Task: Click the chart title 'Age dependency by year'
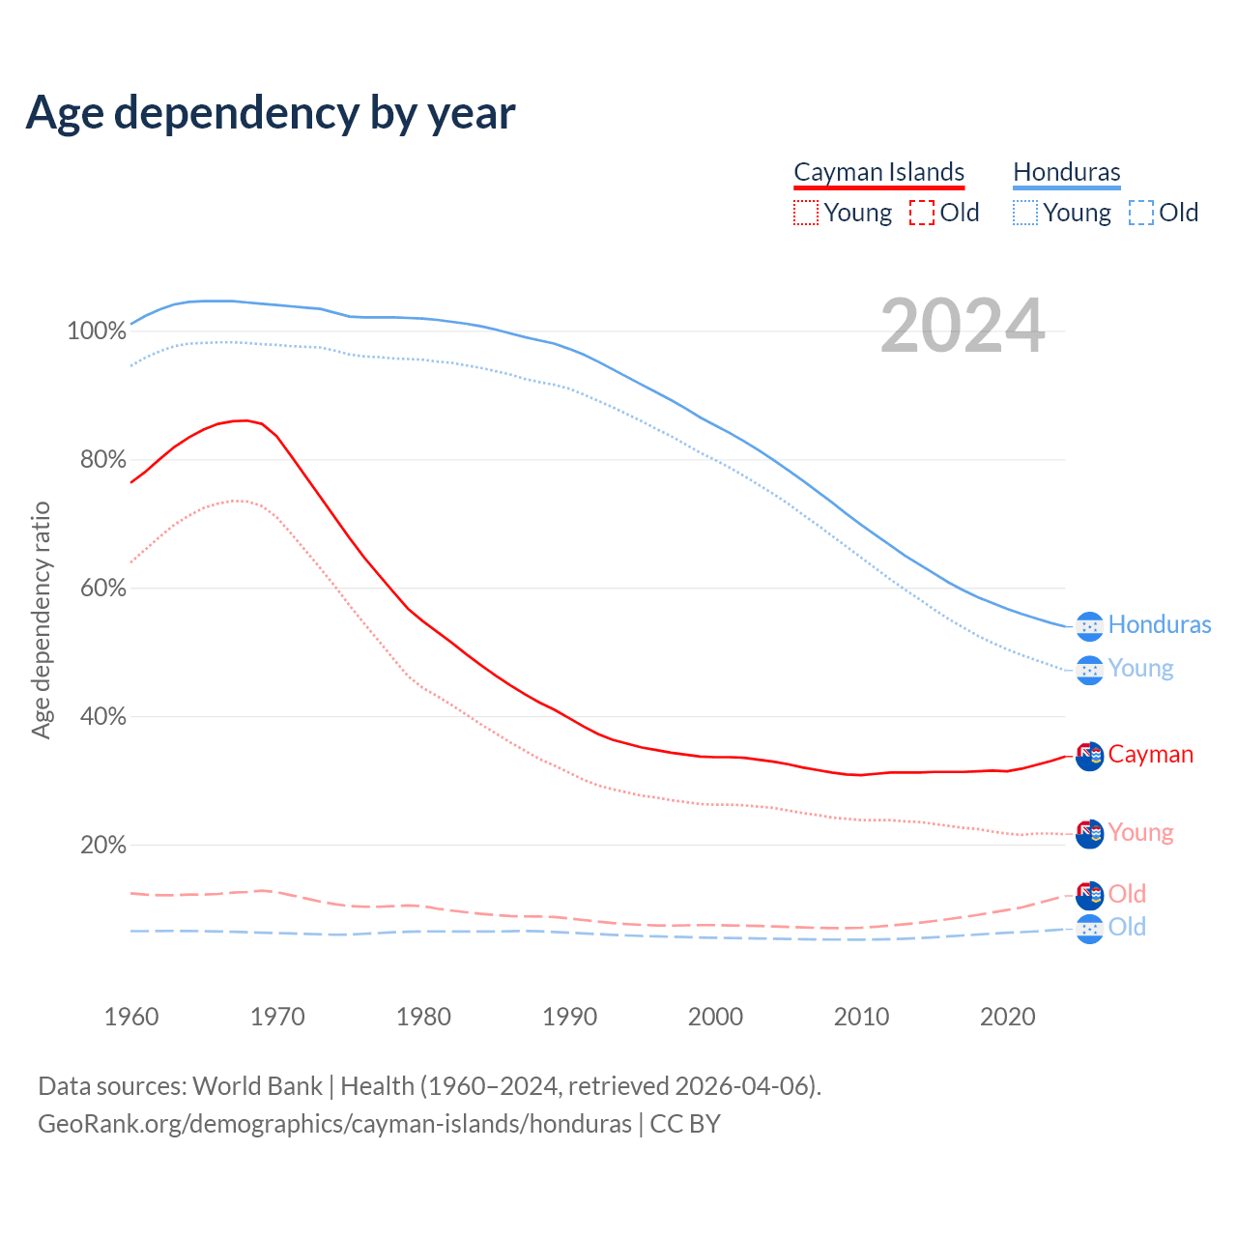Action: click(x=271, y=113)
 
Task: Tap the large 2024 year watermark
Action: click(x=963, y=327)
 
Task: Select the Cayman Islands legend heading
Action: click(x=878, y=172)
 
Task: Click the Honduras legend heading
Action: click(x=1066, y=172)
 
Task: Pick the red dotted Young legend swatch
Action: click(x=805, y=213)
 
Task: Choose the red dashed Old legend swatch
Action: click(x=922, y=213)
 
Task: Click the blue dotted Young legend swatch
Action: click(x=1025, y=213)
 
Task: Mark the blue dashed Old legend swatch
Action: click(x=1141, y=213)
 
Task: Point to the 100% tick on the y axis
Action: click(x=97, y=331)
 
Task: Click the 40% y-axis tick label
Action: click(x=102, y=716)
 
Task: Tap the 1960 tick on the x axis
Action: click(x=131, y=1017)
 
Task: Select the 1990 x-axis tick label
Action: click(x=570, y=1017)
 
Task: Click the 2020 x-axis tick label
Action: click(x=1008, y=1017)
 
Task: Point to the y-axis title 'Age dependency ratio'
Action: click(x=41, y=619)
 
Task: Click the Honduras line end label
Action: click(x=1159, y=624)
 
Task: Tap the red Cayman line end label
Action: click(x=1150, y=754)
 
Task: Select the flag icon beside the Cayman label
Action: click(x=1089, y=757)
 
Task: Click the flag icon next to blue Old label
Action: click(x=1089, y=929)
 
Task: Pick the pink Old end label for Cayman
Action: click(x=1127, y=894)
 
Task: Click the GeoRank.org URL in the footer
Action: click(x=334, y=1124)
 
